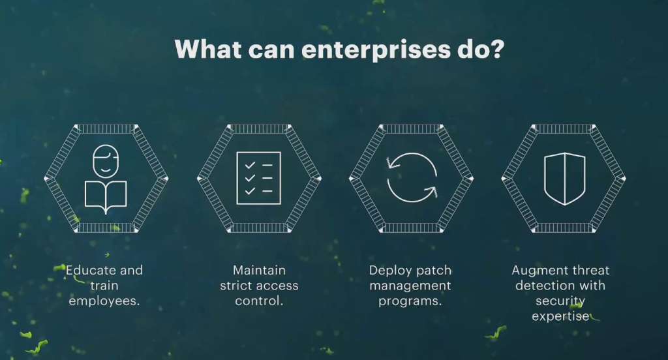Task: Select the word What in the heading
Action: coord(207,50)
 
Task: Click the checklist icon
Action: coord(258,178)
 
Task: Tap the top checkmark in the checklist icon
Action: coord(249,166)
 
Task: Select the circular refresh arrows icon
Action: coord(411,177)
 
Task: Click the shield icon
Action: coord(564,177)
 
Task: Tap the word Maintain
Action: coord(259,270)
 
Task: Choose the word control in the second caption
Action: coord(259,301)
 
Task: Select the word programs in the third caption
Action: coord(410,301)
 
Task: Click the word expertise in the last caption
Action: coord(560,316)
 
